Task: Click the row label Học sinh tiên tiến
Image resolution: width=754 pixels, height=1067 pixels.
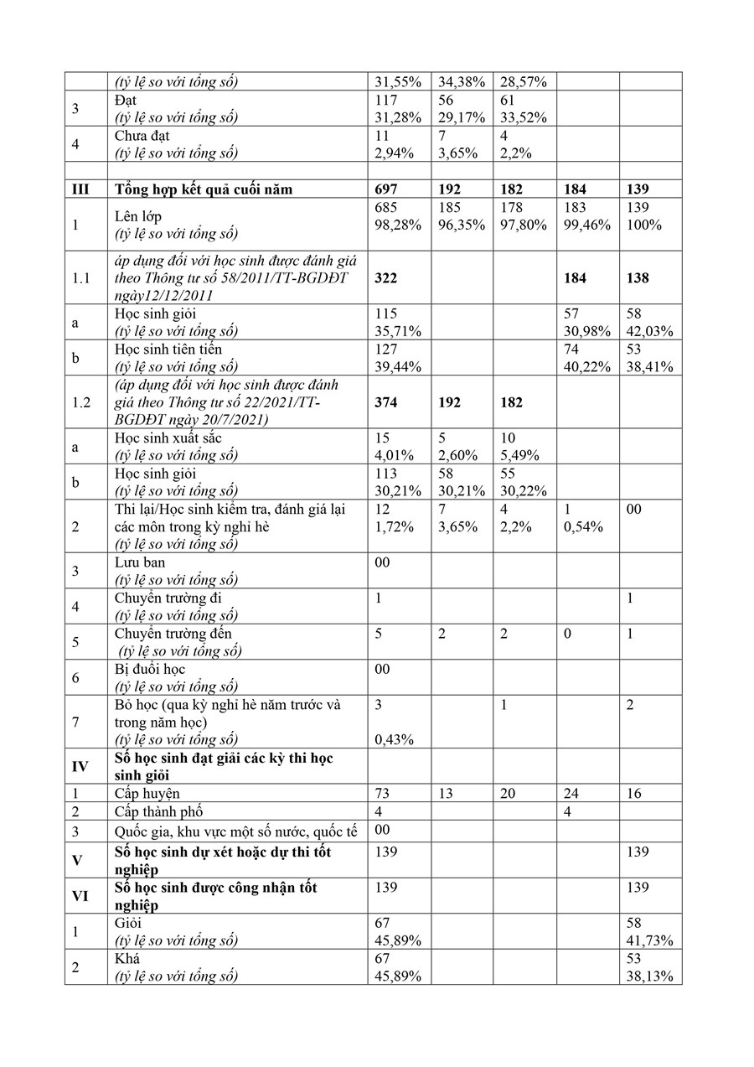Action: click(168, 349)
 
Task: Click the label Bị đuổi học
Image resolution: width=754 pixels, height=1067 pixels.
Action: click(149, 669)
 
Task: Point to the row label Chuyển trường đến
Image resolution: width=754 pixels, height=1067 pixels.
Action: click(173, 634)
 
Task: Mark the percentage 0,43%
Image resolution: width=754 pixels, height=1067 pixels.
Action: click(393, 739)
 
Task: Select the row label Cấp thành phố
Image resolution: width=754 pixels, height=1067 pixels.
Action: click(158, 811)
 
